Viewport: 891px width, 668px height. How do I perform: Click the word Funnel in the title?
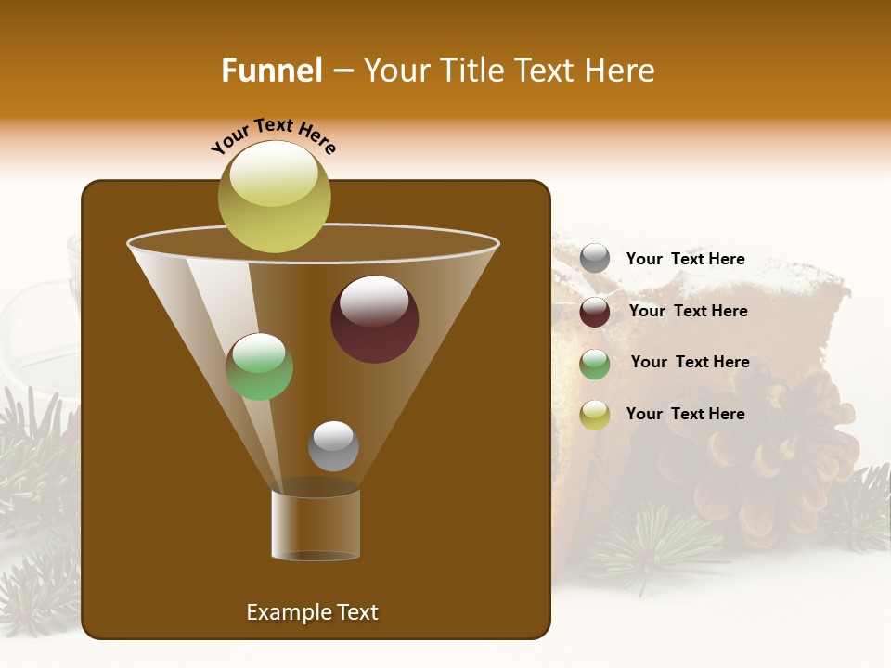[x=271, y=71]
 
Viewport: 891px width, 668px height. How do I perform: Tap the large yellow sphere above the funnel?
[x=275, y=196]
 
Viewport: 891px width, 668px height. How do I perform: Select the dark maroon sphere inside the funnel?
[x=374, y=320]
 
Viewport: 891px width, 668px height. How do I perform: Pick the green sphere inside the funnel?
[x=259, y=366]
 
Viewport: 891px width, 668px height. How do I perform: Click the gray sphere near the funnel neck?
[x=333, y=445]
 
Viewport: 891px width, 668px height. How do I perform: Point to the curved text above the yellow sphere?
[x=274, y=135]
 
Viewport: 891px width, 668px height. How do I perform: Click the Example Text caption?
[x=312, y=612]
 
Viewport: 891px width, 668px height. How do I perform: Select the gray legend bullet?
[x=595, y=259]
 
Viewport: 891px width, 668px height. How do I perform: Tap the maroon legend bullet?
[x=595, y=312]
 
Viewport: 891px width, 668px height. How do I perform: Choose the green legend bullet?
[x=595, y=363]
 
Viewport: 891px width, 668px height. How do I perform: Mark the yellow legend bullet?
[x=595, y=415]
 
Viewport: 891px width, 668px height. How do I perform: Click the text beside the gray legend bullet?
[x=685, y=260]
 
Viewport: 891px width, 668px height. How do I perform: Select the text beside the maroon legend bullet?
[x=688, y=312]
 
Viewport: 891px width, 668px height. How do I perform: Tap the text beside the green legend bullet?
[x=690, y=363]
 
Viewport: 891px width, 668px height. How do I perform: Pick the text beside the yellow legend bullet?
[x=685, y=415]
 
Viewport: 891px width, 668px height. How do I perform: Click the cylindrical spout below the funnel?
[x=316, y=524]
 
